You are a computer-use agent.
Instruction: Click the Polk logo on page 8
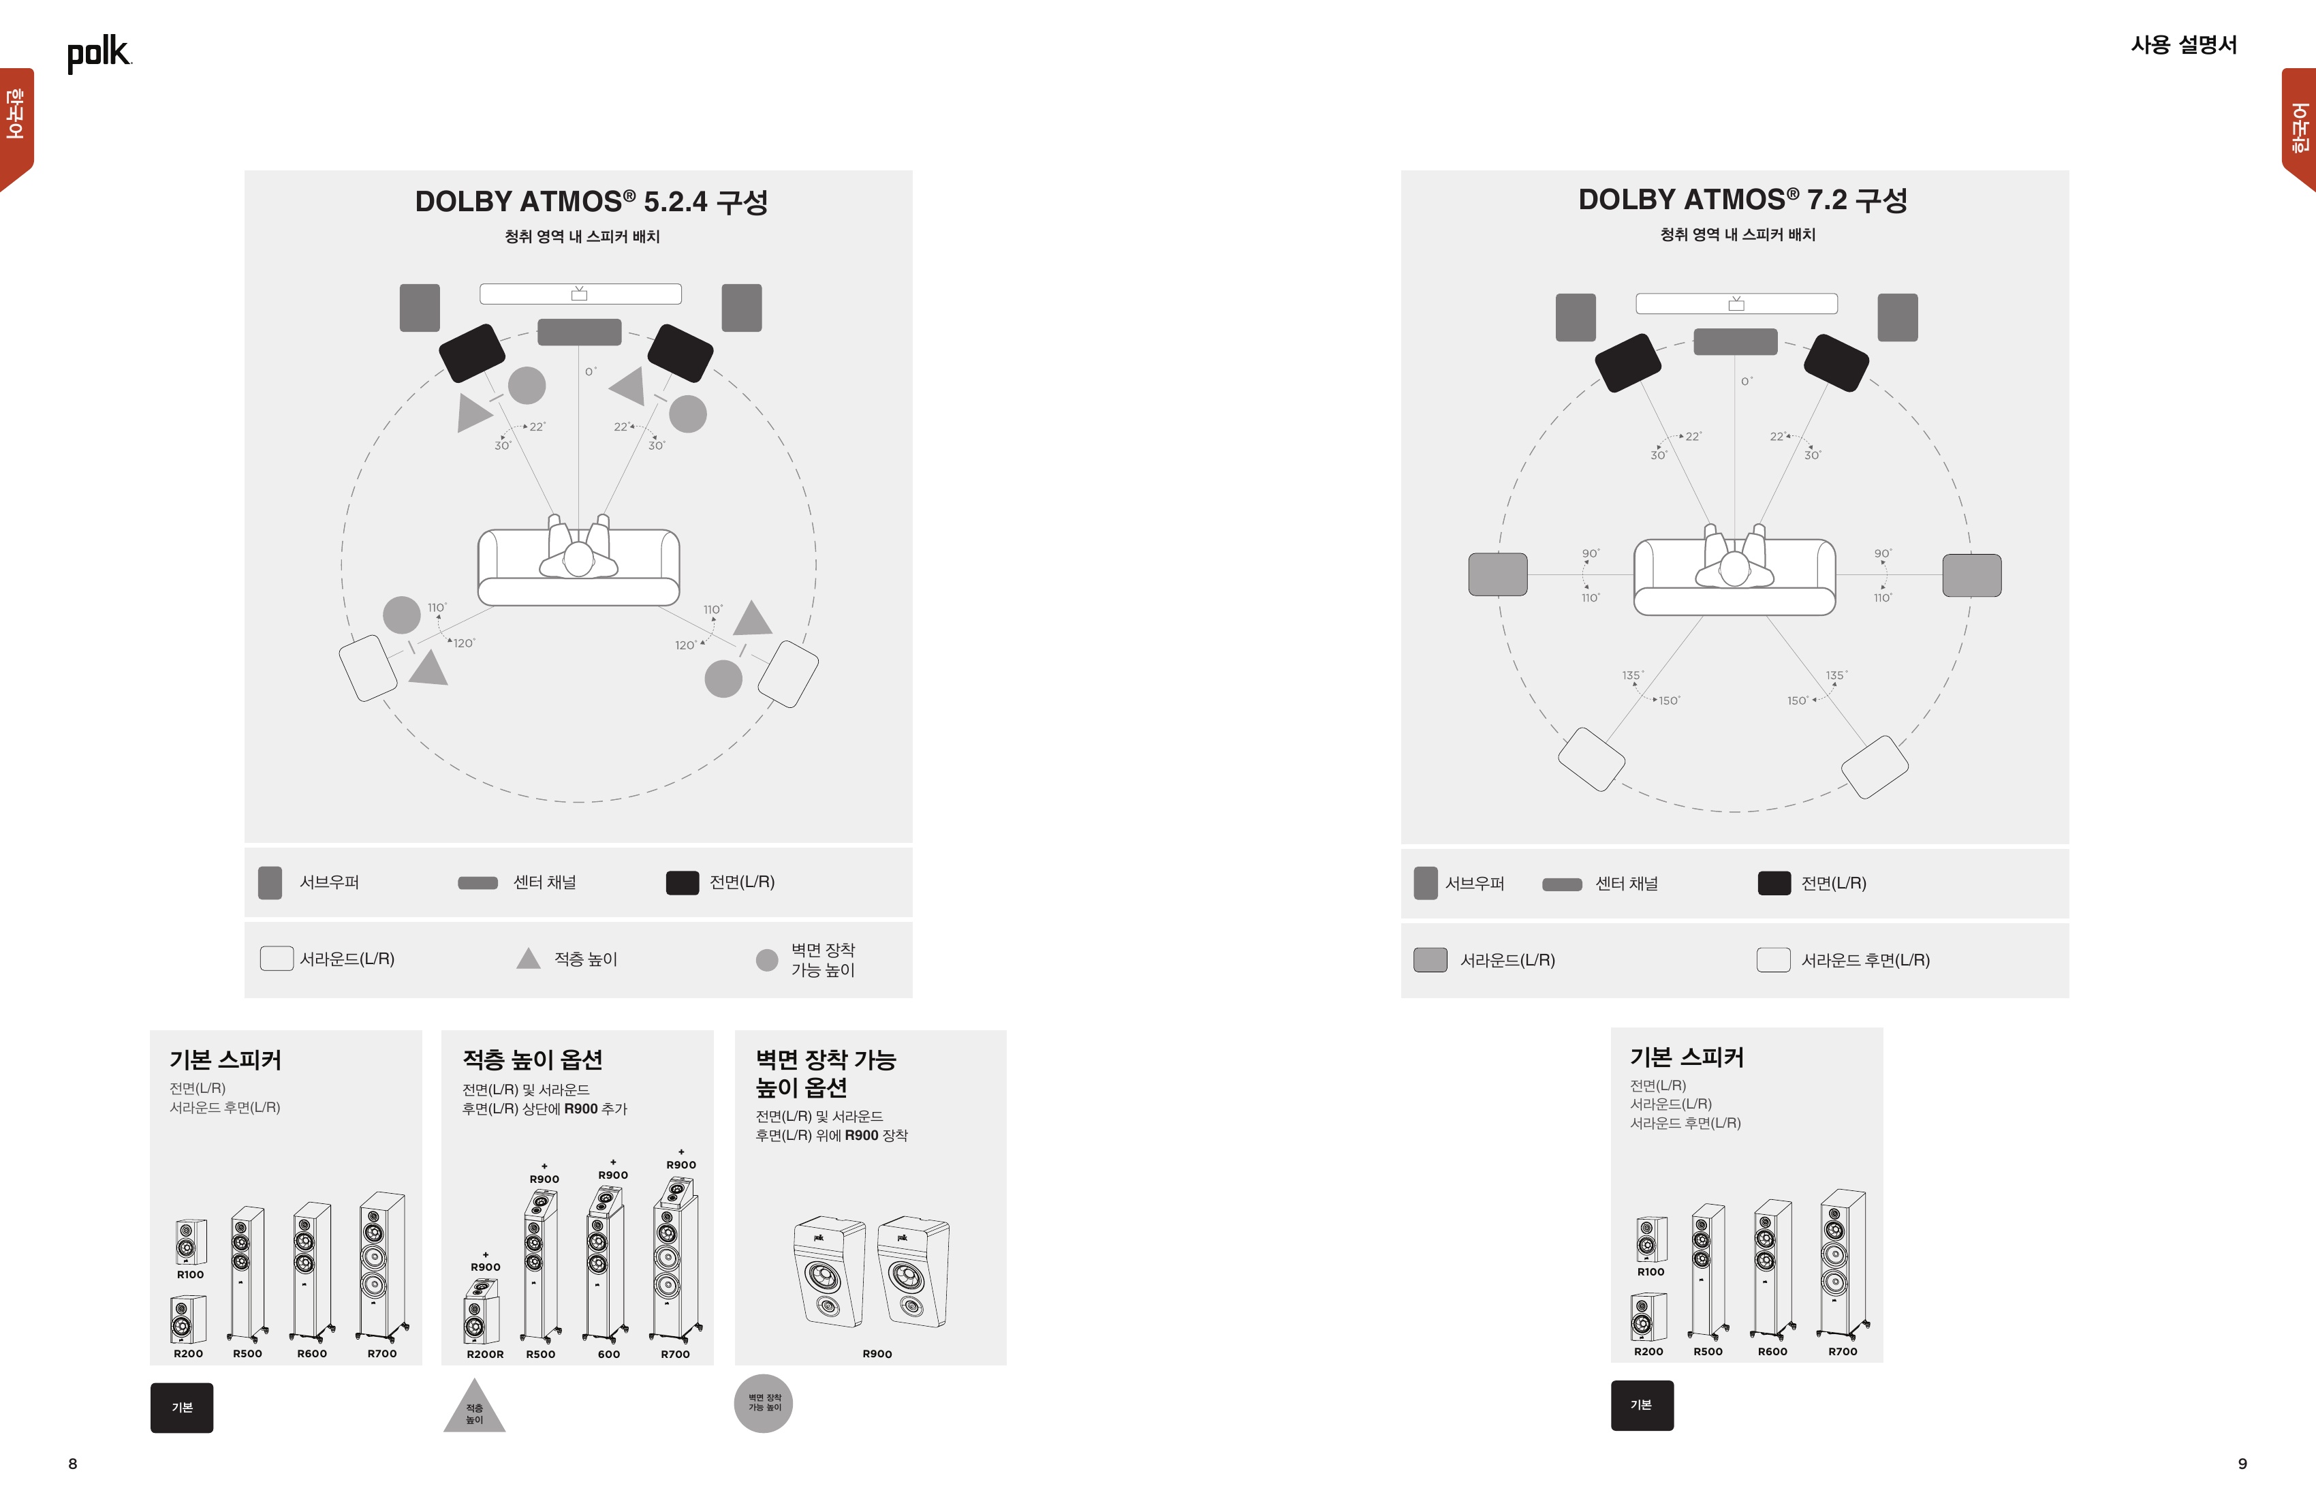coord(98,54)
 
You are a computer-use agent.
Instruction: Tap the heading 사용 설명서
coord(2184,45)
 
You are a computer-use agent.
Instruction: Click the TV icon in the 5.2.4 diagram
coord(579,293)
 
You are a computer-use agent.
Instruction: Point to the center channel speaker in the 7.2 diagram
coord(1735,341)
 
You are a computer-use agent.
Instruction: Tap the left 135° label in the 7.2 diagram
coord(1632,675)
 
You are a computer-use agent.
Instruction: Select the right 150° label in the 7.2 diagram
coord(1798,700)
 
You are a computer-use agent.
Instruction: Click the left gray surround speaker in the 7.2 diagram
coord(1498,574)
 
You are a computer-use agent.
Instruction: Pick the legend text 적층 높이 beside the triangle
coord(586,959)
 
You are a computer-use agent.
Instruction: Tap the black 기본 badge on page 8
coord(182,1408)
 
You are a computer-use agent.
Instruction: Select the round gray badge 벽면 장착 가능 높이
coord(764,1404)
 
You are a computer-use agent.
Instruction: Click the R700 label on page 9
coord(1842,1351)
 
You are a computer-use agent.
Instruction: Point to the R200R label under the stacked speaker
coord(484,1354)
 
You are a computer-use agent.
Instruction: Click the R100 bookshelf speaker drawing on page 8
coord(191,1242)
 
